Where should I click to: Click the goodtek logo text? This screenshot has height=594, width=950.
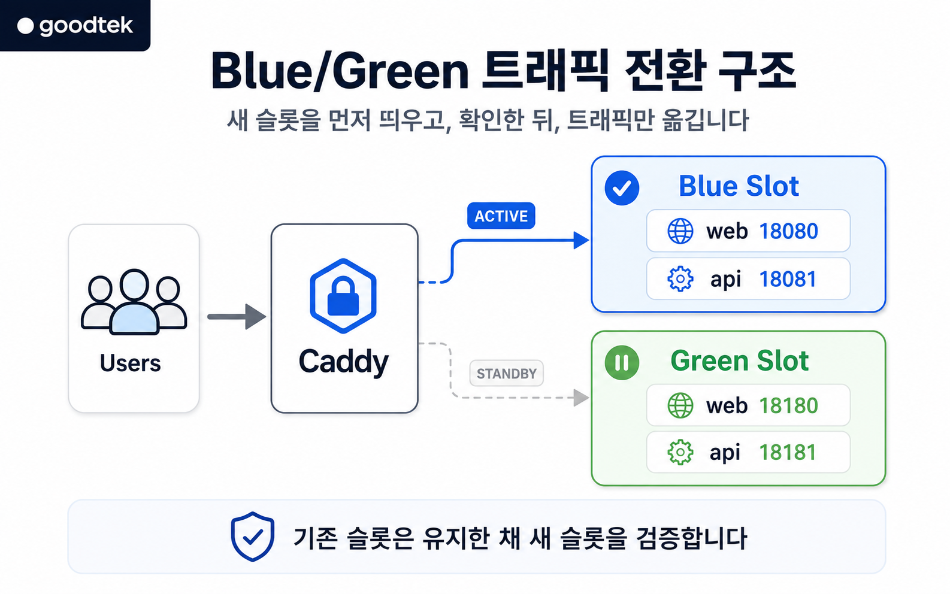point(86,26)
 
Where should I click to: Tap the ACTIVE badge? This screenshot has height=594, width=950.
point(501,216)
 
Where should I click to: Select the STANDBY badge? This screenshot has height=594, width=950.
point(506,374)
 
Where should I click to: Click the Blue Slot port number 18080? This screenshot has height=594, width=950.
point(788,231)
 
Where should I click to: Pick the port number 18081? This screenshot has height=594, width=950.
point(788,279)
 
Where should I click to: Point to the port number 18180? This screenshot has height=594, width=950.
point(788,405)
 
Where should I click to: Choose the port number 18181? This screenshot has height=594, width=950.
point(788,452)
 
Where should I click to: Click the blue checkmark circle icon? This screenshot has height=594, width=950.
point(622,188)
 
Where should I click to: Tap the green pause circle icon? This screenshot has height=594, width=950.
point(622,362)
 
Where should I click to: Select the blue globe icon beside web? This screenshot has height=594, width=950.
point(680,231)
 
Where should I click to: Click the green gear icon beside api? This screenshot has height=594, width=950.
point(680,453)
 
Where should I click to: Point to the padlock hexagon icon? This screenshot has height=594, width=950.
point(343,296)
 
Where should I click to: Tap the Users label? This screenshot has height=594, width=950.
point(130,363)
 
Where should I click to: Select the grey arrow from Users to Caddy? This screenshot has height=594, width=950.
point(237,317)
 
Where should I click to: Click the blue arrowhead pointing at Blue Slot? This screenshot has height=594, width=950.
point(581,240)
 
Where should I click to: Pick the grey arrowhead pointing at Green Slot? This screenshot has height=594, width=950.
point(581,398)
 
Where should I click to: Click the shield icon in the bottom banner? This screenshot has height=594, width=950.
point(252,537)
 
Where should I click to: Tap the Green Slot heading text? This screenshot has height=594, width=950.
point(739,361)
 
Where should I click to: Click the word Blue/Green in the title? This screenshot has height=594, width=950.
point(340,71)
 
